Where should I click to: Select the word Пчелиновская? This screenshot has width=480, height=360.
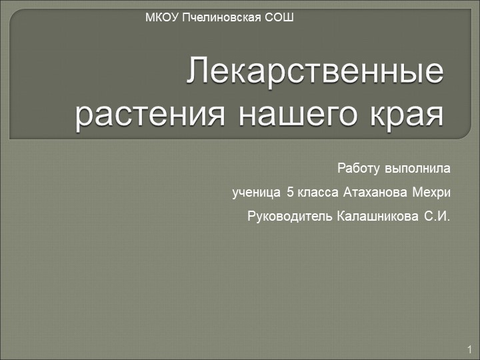(x=221, y=16)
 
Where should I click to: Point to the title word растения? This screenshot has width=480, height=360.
(x=142, y=114)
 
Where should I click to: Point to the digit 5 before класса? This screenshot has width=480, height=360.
(x=289, y=193)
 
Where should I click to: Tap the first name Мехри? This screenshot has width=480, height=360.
(x=431, y=193)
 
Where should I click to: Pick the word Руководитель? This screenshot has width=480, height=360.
(x=290, y=217)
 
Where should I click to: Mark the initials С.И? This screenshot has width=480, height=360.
(x=437, y=217)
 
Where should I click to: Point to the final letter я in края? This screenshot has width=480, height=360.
(x=434, y=114)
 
